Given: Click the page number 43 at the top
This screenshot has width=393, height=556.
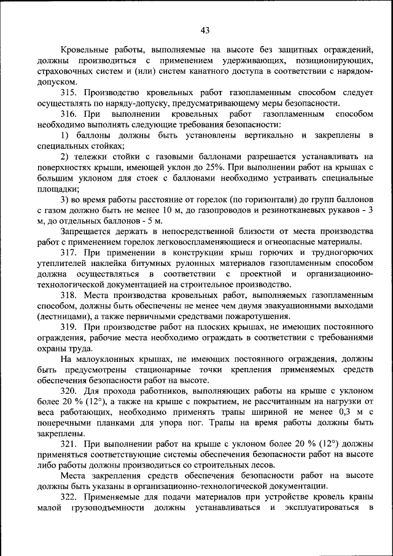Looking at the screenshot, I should pos(205,31).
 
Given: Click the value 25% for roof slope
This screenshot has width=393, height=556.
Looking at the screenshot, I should pos(238,167).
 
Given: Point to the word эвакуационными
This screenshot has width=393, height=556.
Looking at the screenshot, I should pos(302,305).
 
